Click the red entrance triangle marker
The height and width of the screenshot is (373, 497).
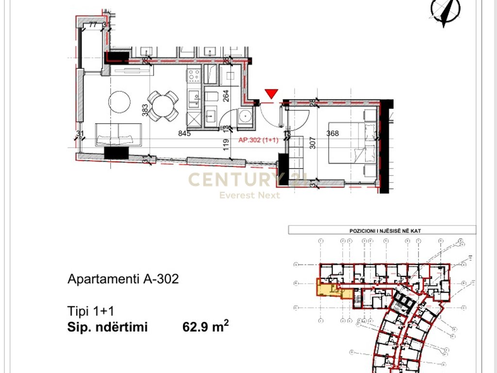(x=271, y=94)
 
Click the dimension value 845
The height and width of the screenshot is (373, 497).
(x=184, y=134)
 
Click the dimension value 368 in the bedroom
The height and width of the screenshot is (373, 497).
(x=332, y=134)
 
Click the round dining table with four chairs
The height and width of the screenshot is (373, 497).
(x=162, y=105)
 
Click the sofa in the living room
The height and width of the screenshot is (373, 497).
(x=119, y=135)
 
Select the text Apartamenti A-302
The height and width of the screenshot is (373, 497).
(x=123, y=279)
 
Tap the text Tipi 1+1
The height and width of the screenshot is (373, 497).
(x=90, y=311)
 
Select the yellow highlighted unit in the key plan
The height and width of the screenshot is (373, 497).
(x=326, y=289)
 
